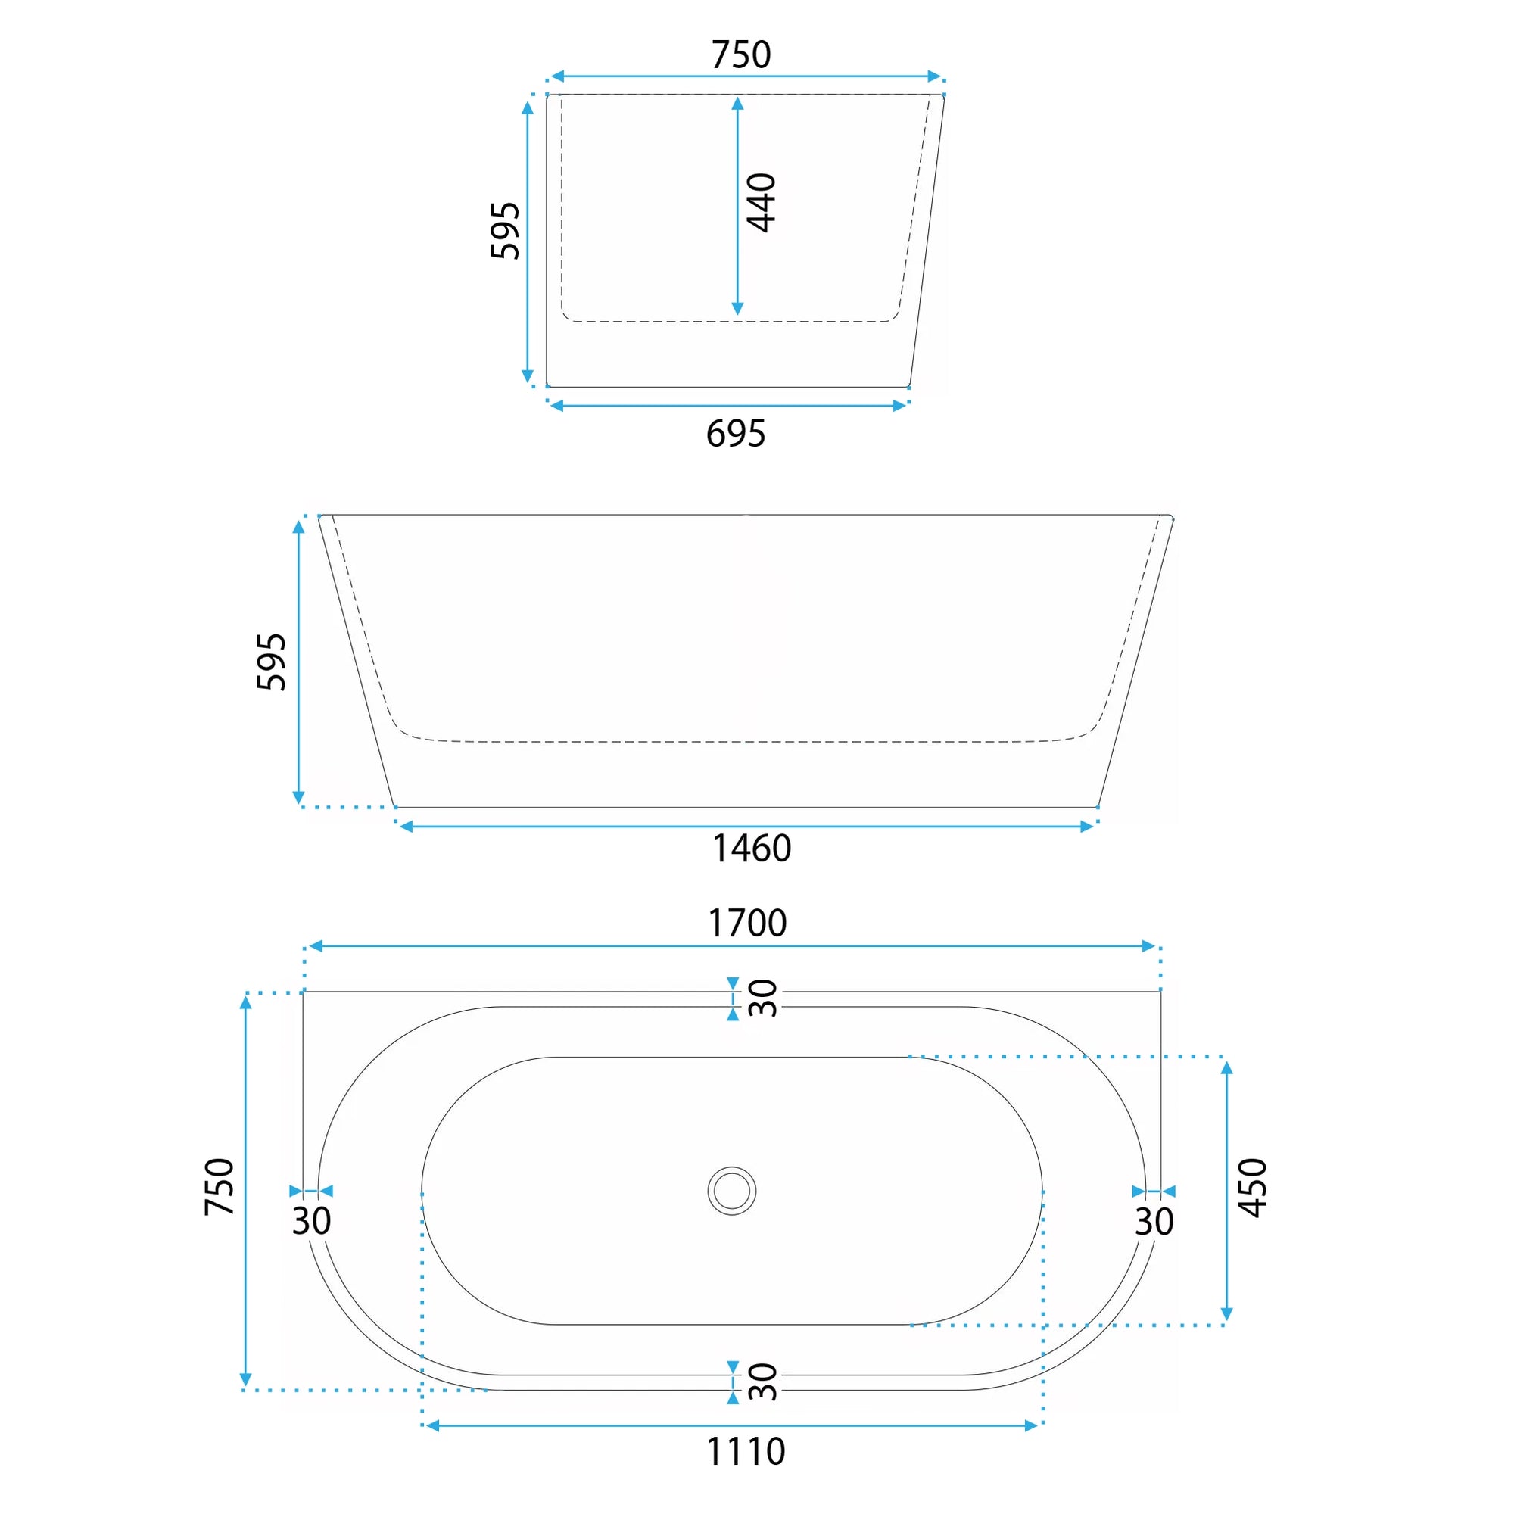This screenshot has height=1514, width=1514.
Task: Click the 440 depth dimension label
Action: tap(761, 203)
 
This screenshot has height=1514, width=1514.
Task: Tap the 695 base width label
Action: tap(735, 433)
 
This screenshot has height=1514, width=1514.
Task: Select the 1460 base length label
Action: tap(752, 848)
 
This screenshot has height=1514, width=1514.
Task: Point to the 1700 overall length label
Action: tap(747, 922)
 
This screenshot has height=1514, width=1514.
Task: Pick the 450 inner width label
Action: tap(1252, 1187)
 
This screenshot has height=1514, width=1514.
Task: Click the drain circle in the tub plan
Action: tap(732, 1190)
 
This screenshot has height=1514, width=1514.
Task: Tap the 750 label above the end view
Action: tap(740, 55)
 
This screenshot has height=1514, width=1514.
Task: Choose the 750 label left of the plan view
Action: tap(220, 1186)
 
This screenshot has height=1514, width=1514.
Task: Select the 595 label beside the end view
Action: tap(505, 230)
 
